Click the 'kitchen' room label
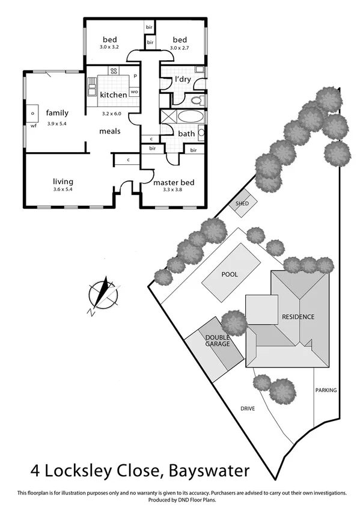(113, 94)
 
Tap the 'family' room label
(58, 112)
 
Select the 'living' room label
(63, 181)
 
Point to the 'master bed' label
(172, 182)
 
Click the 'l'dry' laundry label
(183, 79)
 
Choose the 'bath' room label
(186, 134)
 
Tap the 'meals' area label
(110, 131)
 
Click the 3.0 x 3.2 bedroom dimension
(109, 47)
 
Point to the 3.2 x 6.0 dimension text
(112, 113)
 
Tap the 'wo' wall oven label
(134, 91)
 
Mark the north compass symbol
(102, 295)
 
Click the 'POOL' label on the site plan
(230, 274)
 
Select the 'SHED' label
(242, 204)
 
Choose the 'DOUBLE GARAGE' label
(218, 341)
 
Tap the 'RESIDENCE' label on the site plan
(298, 316)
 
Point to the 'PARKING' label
(326, 390)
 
